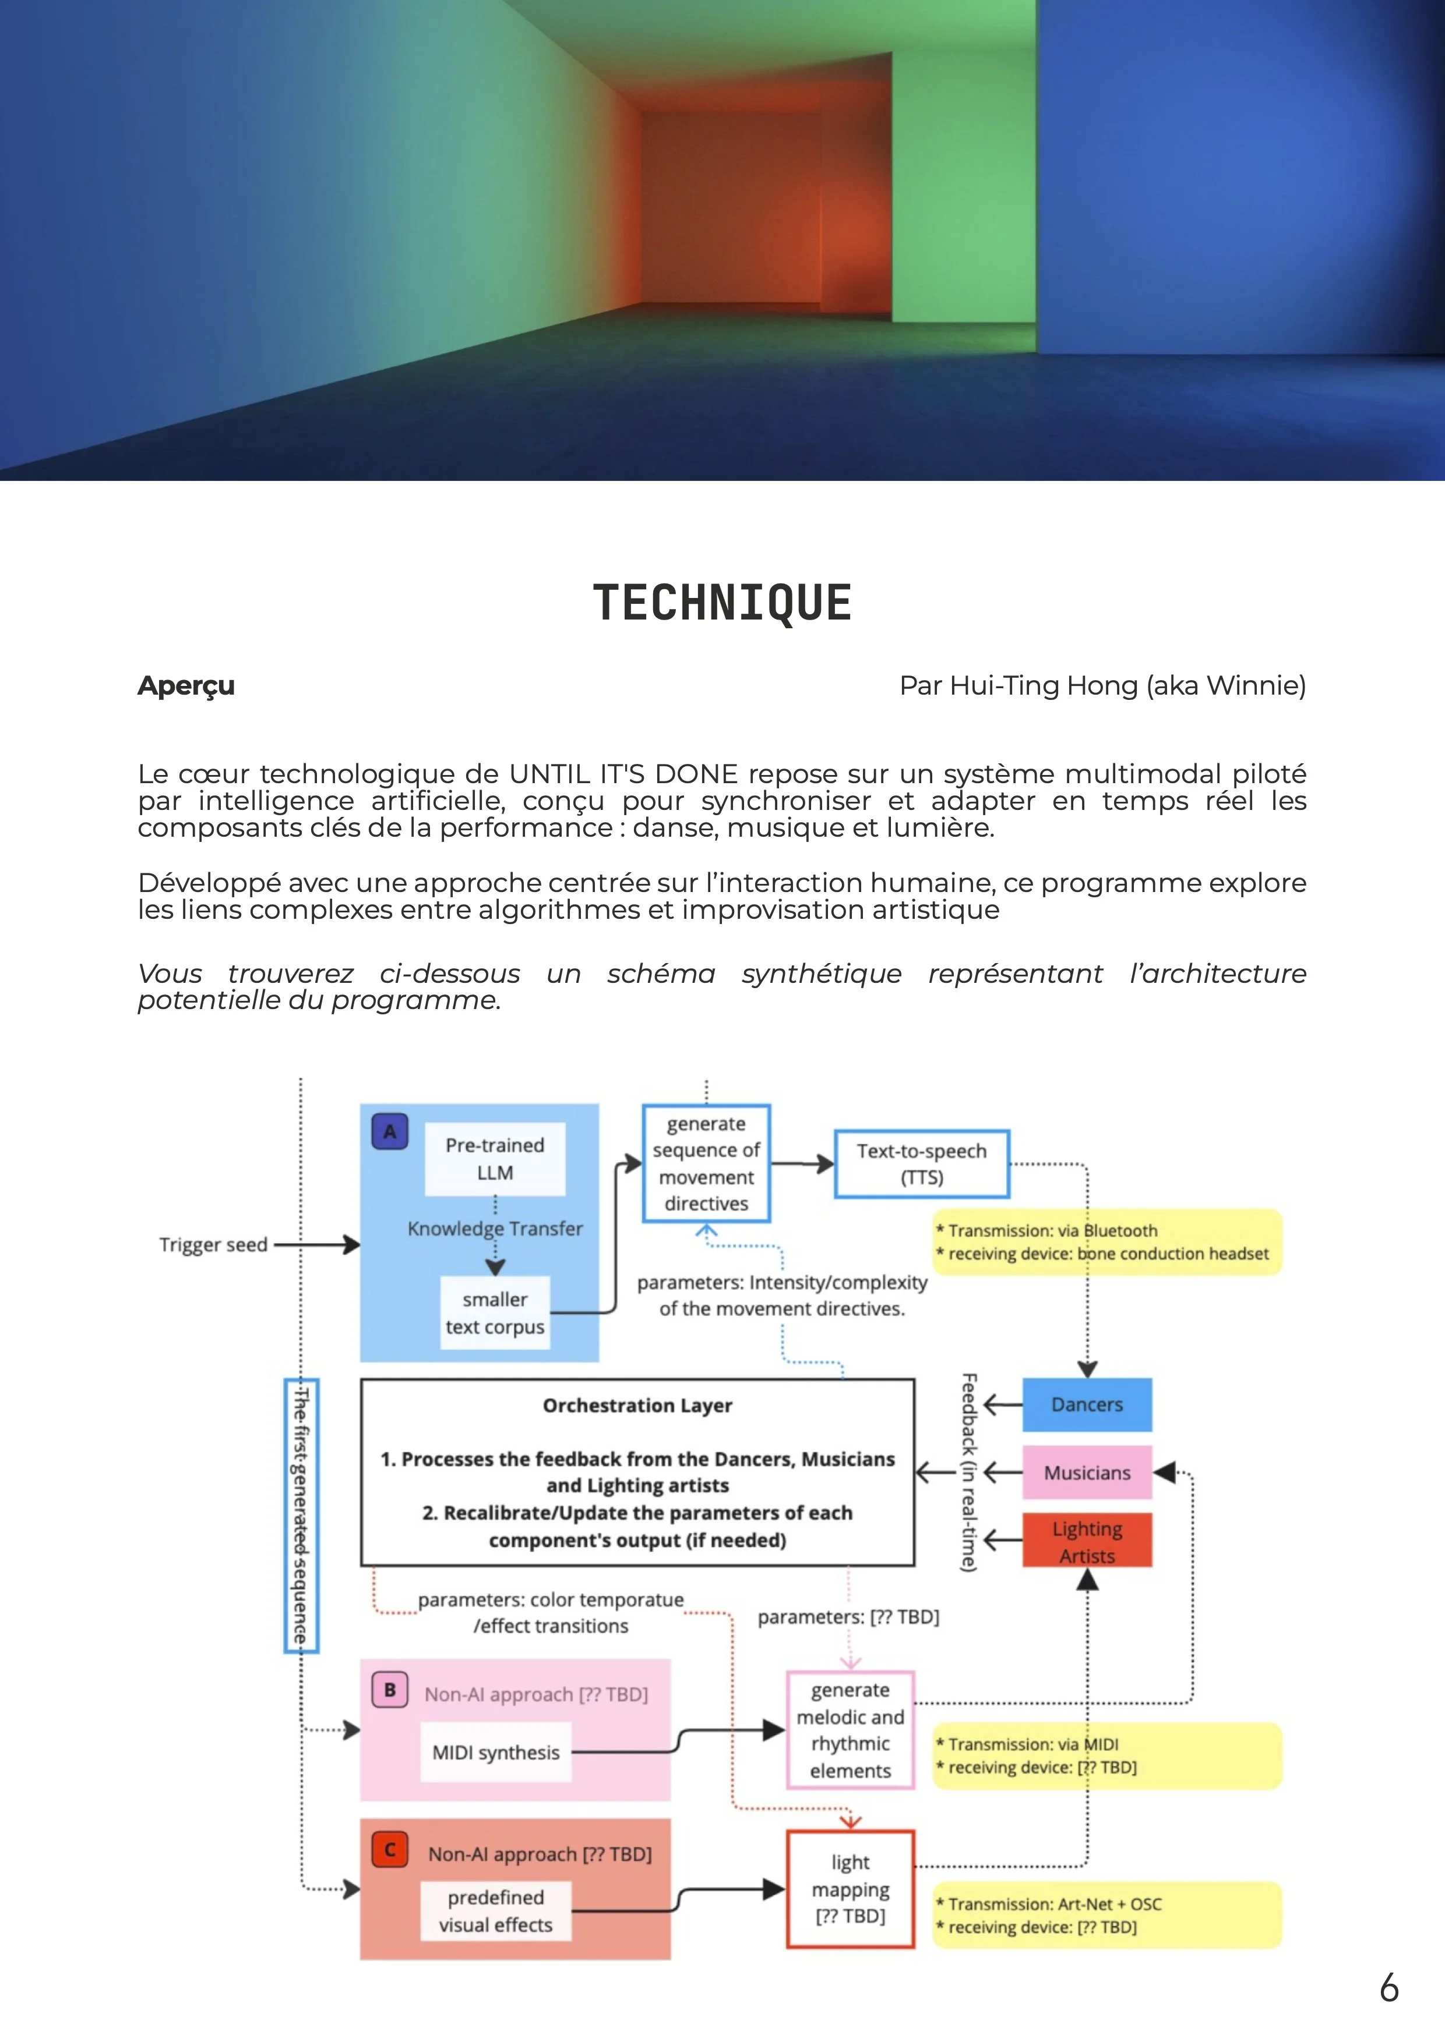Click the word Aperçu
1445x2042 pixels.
(186, 686)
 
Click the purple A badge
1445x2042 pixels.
(390, 1132)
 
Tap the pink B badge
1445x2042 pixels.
(390, 1689)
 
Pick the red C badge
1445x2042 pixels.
(390, 1850)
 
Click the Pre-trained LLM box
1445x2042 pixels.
(495, 1159)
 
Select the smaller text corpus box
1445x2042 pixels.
(495, 1312)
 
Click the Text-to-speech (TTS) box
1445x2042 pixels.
(921, 1163)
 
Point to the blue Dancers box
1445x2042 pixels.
(1087, 1404)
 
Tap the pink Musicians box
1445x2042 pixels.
(1087, 1473)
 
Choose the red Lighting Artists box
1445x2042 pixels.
(1087, 1541)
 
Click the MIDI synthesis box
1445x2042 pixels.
(496, 1752)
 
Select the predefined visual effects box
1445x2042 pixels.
(496, 1910)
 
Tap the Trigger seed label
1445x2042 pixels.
(214, 1244)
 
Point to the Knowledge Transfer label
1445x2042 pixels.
(495, 1228)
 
